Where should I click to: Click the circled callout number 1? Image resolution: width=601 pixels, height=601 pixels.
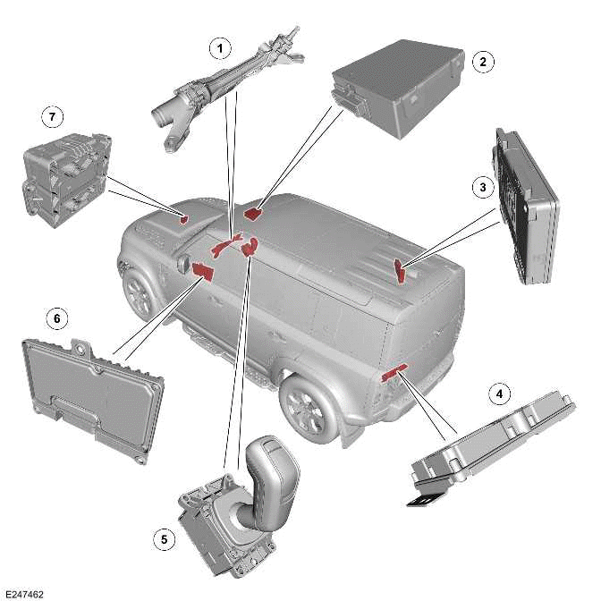tap(220, 48)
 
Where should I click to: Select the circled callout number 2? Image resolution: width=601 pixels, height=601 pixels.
tap(483, 62)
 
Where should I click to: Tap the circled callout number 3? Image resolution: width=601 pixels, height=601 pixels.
tap(483, 187)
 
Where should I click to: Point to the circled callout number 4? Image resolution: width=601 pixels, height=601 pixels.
tap(499, 394)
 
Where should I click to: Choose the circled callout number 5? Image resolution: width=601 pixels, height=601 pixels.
tap(164, 539)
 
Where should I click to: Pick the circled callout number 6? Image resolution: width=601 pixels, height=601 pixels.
tap(57, 318)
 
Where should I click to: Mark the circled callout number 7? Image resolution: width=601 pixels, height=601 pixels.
tap(52, 116)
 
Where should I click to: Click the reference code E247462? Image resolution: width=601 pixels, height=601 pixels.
tap(24, 594)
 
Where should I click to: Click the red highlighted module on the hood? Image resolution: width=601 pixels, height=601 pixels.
tap(184, 219)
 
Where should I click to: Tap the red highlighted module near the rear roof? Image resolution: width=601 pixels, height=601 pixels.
tap(400, 270)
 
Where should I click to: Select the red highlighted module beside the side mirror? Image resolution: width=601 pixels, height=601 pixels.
tap(202, 271)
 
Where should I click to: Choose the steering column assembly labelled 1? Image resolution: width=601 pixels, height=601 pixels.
tap(228, 90)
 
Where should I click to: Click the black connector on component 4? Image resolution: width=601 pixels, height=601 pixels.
tap(427, 500)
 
